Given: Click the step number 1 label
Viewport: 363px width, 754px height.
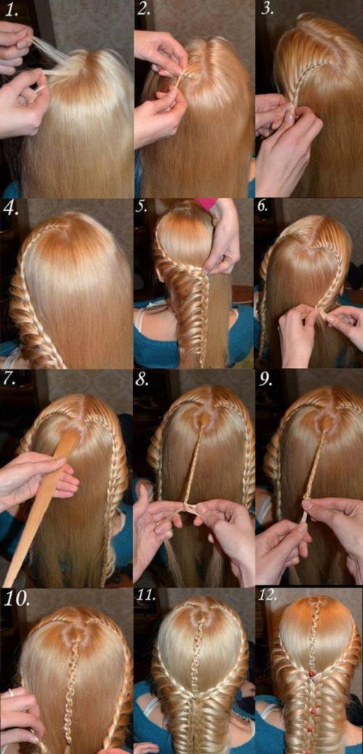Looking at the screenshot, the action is pos(11,11).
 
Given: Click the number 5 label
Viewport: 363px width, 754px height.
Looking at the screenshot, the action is pos(141,207).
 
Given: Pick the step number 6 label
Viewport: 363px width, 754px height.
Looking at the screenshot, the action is pos(263,207).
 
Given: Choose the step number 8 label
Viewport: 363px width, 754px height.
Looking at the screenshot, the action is pos(142,380).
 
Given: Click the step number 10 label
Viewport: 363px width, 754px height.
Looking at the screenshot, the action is pos(17,598).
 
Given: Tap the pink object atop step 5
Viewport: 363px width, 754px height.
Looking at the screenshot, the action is pos(206,204).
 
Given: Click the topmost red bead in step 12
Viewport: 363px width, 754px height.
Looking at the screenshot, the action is pos(311,675).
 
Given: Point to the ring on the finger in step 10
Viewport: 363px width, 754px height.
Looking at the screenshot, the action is pos(11,693).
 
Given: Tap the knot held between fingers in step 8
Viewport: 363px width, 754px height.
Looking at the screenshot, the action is pos(187,508).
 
